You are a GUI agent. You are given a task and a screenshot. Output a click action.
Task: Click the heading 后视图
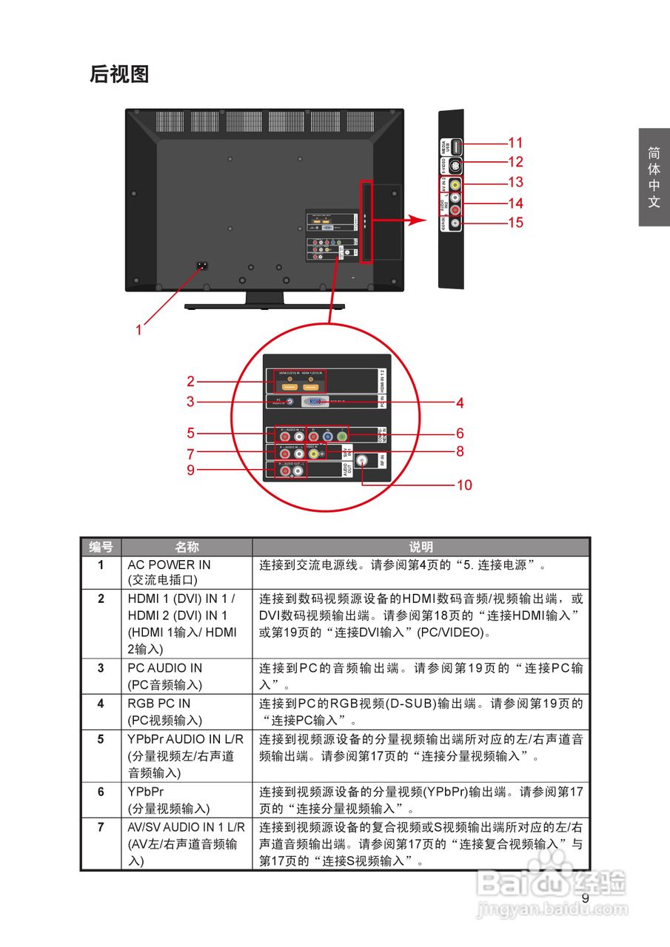tap(119, 74)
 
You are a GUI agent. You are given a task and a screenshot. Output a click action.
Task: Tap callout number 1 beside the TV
tap(138, 330)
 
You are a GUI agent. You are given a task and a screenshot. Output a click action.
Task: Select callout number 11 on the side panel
tap(515, 143)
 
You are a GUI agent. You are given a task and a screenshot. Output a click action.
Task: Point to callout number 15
tap(515, 222)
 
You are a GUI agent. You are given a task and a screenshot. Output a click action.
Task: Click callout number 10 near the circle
tap(464, 485)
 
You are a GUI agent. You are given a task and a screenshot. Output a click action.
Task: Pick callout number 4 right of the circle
tap(460, 403)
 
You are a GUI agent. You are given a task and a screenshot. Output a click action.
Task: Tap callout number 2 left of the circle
tap(190, 382)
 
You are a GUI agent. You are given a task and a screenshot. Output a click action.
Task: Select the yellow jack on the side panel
tap(455, 184)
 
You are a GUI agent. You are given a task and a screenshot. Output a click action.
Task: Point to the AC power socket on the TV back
tap(201, 266)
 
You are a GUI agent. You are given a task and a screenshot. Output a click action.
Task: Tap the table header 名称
tap(187, 547)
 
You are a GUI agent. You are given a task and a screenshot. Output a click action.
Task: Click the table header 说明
tap(421, 547)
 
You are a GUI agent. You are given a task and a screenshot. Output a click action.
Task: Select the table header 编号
tap(101, 547)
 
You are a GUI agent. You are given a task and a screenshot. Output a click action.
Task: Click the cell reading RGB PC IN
tap(158, 704)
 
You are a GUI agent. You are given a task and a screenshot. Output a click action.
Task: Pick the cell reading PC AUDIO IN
tap(164, 668)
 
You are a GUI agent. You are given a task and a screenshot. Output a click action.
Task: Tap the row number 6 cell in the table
tap(101, 792)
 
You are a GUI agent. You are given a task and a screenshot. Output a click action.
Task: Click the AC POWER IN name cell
tap(169, 565)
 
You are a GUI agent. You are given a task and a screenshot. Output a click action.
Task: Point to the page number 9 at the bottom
tap(585, 898)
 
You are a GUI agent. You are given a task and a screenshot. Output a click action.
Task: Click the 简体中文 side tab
tap(654, 177)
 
